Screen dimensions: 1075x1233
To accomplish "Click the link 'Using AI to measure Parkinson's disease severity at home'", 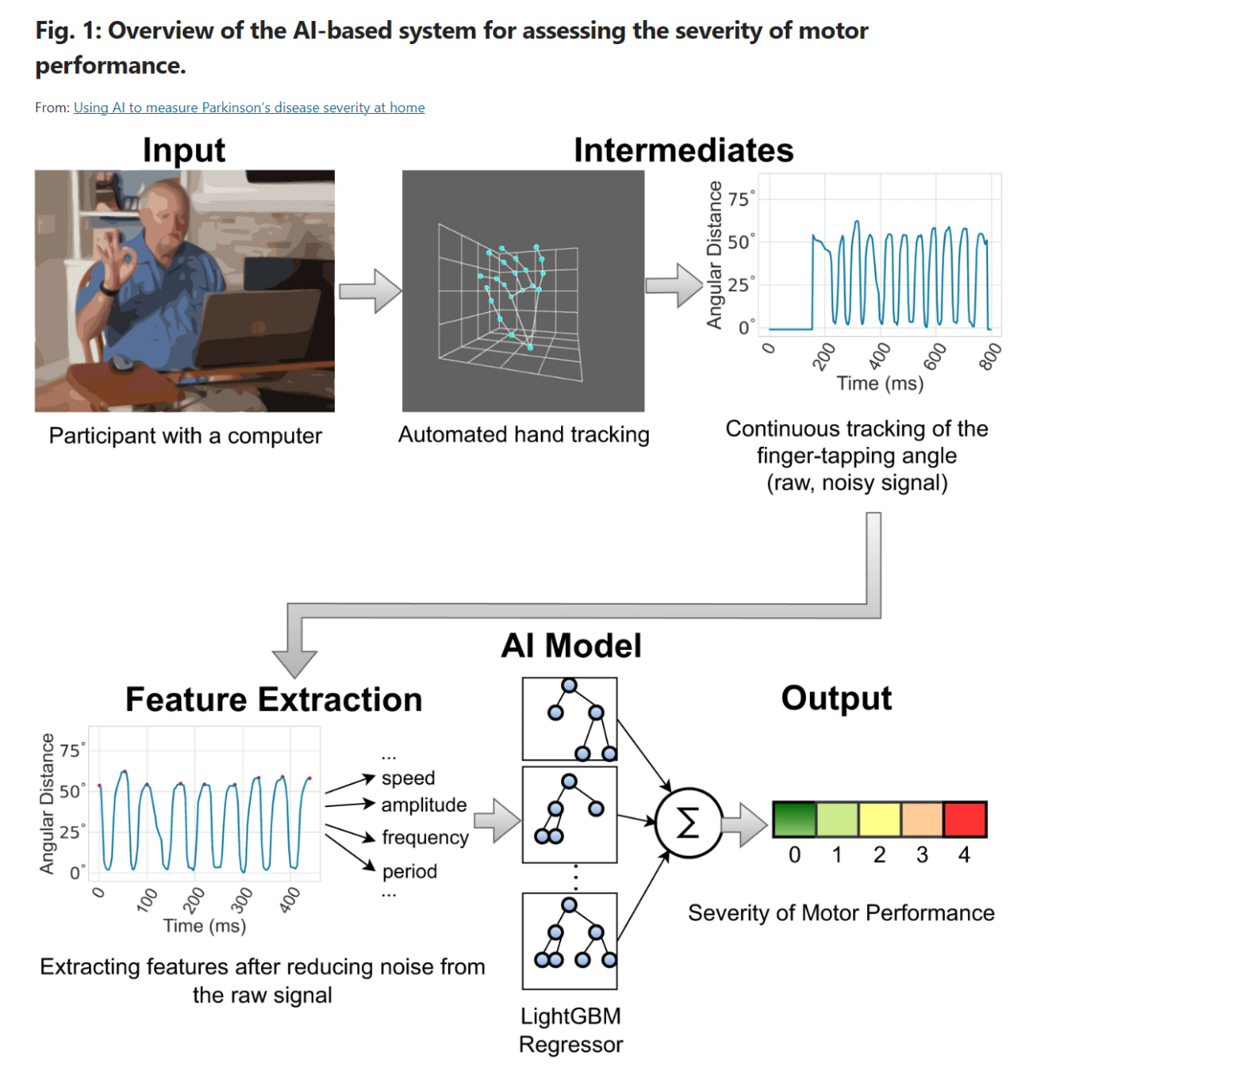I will click(249, 107).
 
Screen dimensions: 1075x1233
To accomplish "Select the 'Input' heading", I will click(184, 150).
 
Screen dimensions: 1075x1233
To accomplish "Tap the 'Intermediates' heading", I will click(683, 150).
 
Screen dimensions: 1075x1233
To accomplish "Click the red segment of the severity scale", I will click(965, 819).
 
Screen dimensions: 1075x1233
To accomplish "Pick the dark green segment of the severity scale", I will click(795, 819).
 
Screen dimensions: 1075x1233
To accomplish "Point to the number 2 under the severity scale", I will click(880, 855).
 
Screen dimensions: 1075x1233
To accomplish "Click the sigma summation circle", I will click(689, 822).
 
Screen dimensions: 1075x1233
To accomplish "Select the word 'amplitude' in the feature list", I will click(424, 805).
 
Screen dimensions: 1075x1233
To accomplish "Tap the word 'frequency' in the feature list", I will click(425, 838).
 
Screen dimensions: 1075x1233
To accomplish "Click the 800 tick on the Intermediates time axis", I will click(991, 356).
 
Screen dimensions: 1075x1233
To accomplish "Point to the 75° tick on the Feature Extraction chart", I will click(71, 750).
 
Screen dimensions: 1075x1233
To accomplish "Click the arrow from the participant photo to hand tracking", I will click(369, 290).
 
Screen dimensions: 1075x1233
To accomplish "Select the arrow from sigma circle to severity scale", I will click(745, 823).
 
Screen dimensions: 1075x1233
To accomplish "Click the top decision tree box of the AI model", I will click(569, 719).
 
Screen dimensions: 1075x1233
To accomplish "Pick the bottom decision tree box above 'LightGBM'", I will click(569, 940).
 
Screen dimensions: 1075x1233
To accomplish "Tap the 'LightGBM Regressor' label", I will click(571, 1030).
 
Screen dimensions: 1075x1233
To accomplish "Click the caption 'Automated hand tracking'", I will click(523, 435).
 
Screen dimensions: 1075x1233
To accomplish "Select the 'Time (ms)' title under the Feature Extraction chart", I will click(205, 926).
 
